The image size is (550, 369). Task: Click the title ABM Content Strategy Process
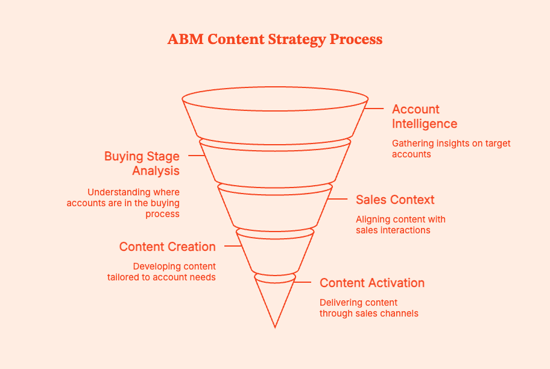pos(275,40)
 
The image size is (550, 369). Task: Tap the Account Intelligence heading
pos(425,116)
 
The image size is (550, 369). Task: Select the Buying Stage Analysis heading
pos(142,163)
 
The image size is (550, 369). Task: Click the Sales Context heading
pos(395,200)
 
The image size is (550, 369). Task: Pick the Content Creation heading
pos(167,247)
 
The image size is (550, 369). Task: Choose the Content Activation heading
pos(372,283)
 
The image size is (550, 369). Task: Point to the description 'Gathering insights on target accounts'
pos(451,148)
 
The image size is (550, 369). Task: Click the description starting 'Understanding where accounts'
pos(123,203)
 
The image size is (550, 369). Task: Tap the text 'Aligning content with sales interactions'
pos(400,224)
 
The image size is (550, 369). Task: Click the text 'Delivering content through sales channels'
pos(368,307)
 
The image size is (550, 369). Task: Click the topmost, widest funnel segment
pos(275,118)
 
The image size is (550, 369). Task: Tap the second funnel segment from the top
pos(275,163)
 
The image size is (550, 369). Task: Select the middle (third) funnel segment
pos(275,208)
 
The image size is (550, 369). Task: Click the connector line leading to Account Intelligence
pos(375,109)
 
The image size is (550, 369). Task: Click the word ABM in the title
pos(183,40)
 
